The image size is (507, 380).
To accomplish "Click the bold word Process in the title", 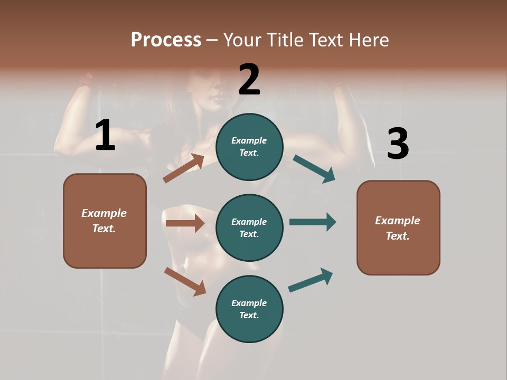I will click(x=166, y=40).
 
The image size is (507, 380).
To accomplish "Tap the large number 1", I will click(x=105, y=135).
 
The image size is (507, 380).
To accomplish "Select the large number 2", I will click(x=249, y=79).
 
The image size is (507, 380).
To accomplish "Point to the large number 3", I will click(x=398, y=144).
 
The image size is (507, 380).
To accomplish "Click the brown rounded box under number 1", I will click(x=105, y=221).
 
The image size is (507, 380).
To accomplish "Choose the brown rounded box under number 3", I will click(x=398, y=227).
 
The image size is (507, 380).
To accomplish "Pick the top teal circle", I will click(x=249, y=147).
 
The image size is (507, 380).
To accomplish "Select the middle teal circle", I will click(x=249, y=227).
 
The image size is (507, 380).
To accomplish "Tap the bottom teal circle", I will click(x=249, y=309).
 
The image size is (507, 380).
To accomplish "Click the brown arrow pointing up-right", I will click(x=184, y=168).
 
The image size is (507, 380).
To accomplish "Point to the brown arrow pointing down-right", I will click(x=185, y=281).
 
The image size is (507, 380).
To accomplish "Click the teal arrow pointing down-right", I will click(x=314, y=168).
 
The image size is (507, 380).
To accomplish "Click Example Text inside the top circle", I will click(x=249, y=147).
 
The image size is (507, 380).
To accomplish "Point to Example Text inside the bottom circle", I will click(x=249, y=309).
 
